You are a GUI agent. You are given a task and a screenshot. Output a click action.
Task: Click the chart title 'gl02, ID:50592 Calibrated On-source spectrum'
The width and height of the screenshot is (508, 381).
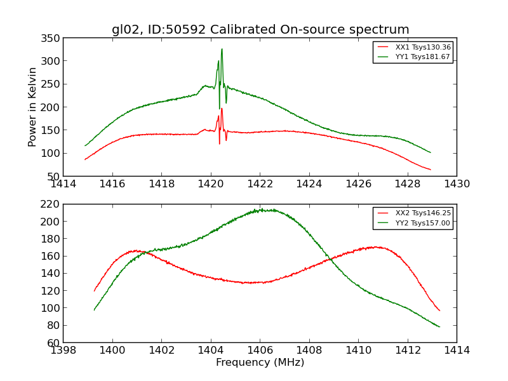[x=260, y=30]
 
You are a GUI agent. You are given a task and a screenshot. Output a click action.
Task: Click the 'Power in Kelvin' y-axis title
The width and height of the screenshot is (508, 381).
[x=32, y=107]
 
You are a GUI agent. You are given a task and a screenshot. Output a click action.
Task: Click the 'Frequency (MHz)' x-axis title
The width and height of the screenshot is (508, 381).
[x=260, y=363]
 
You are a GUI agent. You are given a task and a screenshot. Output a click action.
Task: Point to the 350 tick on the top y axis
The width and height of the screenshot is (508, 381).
[x=51, y=38]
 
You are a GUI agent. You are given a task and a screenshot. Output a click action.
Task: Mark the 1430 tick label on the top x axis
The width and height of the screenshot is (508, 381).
[x=457, y=184]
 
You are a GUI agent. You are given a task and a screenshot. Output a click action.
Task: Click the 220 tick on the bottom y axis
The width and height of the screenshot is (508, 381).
[x=51, y=204]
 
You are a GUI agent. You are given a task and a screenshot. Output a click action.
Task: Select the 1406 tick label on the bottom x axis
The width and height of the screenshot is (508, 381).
[x=260, y=351]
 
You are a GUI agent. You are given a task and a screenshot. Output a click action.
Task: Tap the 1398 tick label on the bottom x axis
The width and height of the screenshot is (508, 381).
[x=63, y=351]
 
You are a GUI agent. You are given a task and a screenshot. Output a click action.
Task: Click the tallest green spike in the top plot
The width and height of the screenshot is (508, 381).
[x=222, y=50]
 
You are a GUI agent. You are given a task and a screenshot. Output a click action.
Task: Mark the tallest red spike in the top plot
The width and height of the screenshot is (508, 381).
[x=222, y=109]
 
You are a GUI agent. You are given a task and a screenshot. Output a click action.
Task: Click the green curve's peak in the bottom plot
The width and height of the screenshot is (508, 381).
[x=260, y=209]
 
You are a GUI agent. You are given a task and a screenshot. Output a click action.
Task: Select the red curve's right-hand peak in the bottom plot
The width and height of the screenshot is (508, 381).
[x=375, y=246]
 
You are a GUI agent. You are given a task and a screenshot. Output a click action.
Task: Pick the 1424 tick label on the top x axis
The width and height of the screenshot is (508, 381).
[x=309, y=184]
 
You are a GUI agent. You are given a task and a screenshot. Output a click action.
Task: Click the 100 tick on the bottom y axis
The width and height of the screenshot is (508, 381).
[x=51, y=308]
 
